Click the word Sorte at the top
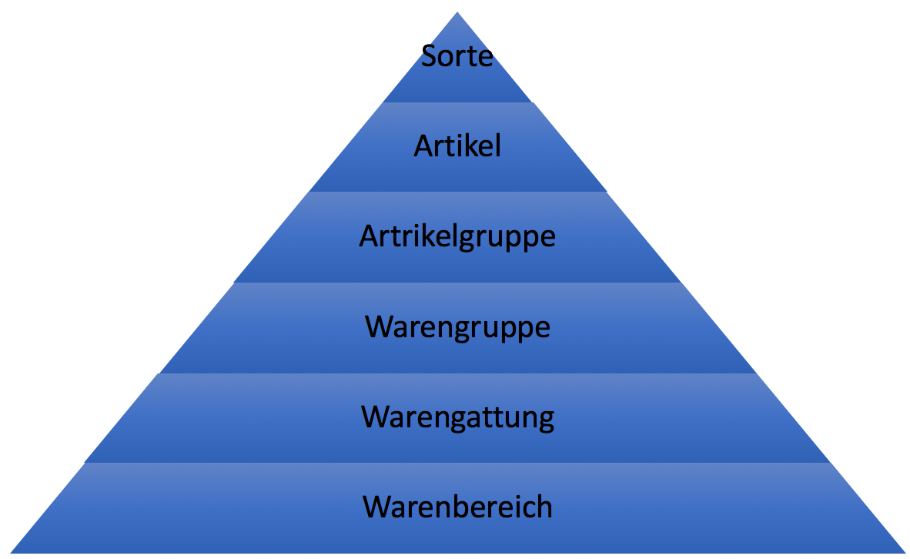[x=457, y=56]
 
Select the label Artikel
[x=457, y=146]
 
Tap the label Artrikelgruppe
[x=457, y=236]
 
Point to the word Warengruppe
[x=457, y=327]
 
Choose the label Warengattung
[x=457, y=417]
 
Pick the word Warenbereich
[x=457, y=507]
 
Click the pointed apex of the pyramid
[x=457, y=14]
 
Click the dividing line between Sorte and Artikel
[x=457, y=102]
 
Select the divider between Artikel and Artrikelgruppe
[x=457, y=192]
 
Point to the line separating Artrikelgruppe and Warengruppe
[x=457, y=282]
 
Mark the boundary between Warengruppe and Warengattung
[x=457, y=373]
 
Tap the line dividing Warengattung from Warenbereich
[x=457, y=463]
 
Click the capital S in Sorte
[x=430, y=56]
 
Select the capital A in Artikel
[x=423, y=146]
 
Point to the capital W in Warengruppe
[x=380, y=327]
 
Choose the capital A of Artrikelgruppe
[x=368, y=236]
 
